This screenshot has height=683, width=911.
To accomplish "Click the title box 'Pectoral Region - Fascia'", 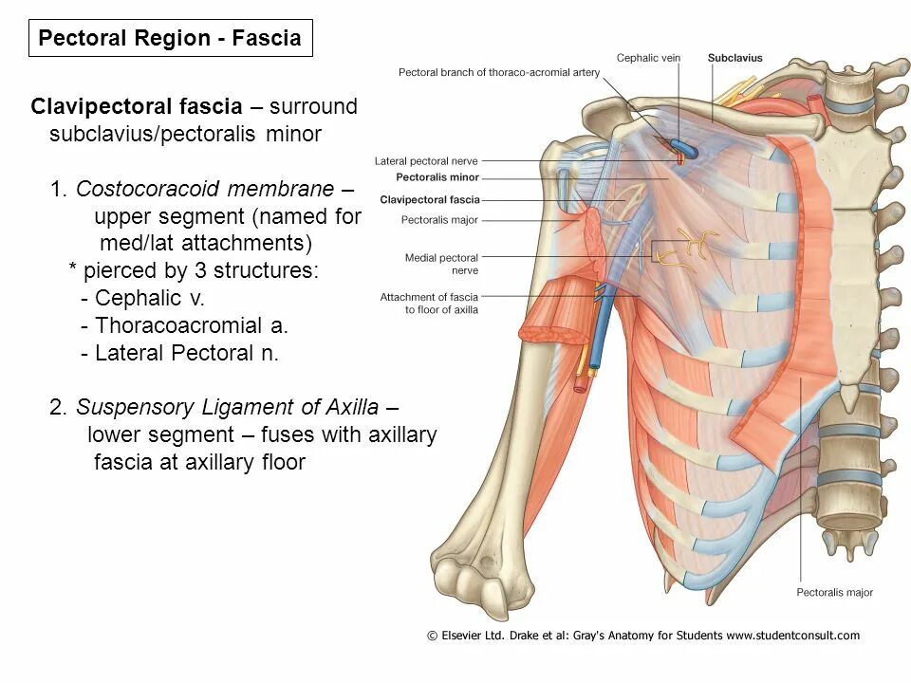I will [170, 39].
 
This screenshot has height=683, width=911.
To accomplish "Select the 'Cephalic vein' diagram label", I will [648, 58].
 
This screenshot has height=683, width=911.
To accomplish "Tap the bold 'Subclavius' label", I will [734, 58].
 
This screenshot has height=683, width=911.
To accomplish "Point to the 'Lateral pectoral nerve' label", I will [426, 161].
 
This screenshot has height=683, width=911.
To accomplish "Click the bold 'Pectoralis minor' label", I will [437, 177].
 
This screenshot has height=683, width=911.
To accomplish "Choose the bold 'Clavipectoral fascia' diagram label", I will [430, 200].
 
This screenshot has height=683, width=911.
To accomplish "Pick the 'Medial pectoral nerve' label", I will [441, 264].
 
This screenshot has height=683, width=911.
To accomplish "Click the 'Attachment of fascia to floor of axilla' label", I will [429, 304].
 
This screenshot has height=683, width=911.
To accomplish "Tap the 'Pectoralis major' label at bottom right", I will [834, 593].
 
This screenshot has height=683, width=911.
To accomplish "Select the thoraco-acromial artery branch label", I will [499, 72].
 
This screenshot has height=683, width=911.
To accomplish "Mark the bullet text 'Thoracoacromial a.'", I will [192, 325].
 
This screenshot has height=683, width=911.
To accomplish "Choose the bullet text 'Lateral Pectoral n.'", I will [187, 353].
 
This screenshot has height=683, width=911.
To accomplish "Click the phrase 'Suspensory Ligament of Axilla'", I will [228, 407].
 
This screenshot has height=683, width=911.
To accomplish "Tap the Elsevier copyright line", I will [643, 636].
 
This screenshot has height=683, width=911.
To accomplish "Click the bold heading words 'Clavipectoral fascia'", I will [137, 106].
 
